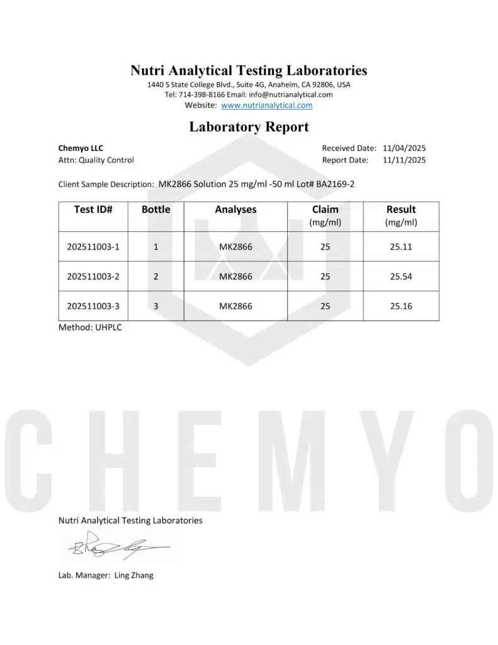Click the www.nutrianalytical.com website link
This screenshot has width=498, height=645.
[267, 105]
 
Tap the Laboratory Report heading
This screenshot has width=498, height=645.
[249, 127]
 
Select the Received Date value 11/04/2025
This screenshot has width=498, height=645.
[404, 148]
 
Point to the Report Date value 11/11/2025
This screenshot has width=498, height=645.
[404, 160]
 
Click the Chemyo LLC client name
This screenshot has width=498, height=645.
[81, 148]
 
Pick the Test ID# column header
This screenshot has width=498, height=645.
[93, 210]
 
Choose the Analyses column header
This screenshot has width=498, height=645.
[235, 210]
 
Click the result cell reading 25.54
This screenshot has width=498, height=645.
[401, 277]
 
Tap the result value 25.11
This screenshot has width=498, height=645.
[401, 247]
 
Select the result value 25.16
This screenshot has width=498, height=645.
[401, 306]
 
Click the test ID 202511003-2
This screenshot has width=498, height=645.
[93, 277]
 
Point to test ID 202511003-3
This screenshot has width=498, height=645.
[93, 306]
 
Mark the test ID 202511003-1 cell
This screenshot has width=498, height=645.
[93, 247]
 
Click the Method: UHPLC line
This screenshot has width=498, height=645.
[90, 328]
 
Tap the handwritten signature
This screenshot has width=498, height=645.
[116, 547]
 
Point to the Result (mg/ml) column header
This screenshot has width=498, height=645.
[401, 215]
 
